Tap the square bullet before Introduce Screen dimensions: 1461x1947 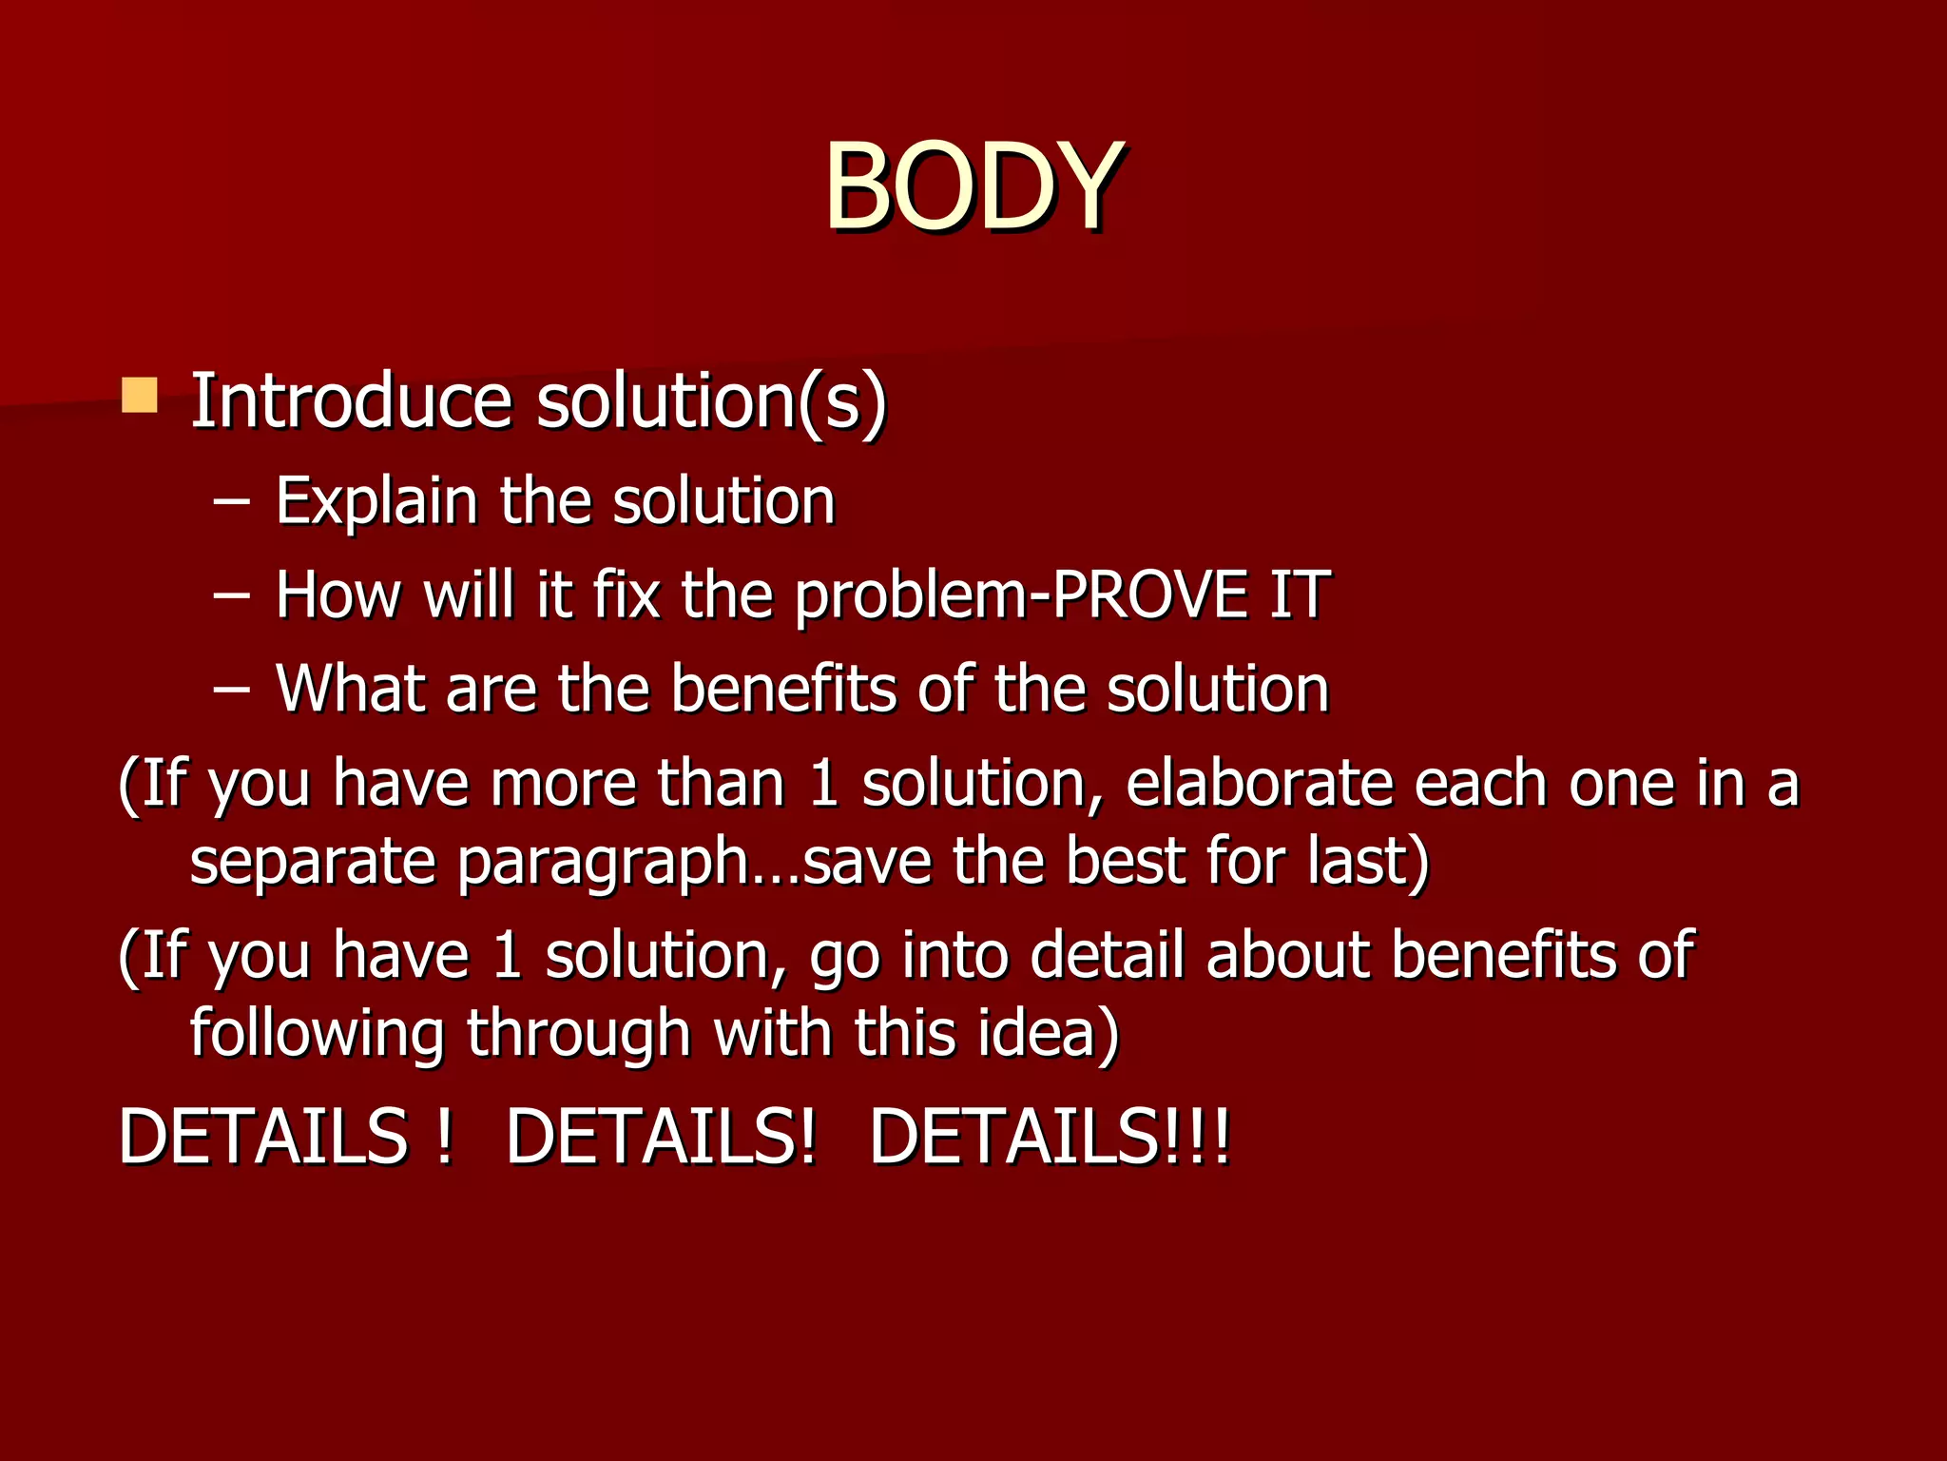click(x=140, y=395)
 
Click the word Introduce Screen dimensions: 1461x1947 click(x=352, y=400)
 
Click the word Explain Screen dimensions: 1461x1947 click(x=376, y=501)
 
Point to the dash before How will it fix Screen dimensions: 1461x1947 click(x=231, y=595)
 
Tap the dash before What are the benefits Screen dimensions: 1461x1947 click(x=231, y=690)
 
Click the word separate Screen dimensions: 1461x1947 click(x=314, y=862)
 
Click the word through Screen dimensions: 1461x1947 click(x=578, y=1034)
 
